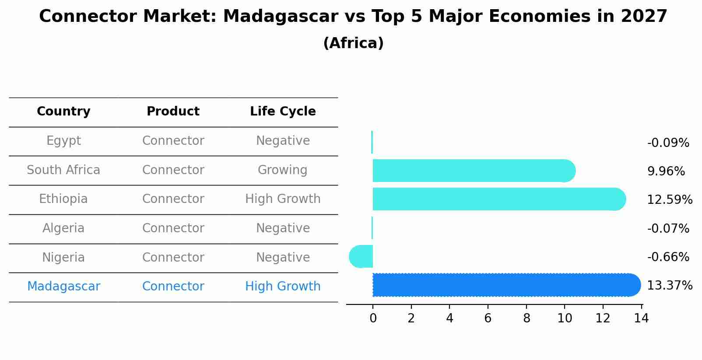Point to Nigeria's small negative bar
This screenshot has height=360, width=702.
(362, 256)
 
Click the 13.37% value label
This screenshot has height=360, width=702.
(669, 286)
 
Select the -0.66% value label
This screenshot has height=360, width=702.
(668, 257)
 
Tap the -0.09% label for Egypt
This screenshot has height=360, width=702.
(668, 143)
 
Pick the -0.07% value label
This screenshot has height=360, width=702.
(668, 228)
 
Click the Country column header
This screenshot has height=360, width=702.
(63, 112)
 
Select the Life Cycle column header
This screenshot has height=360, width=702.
(283, 112)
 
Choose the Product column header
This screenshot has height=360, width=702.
(173, 112)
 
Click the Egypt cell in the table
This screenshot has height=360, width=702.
(63, 141)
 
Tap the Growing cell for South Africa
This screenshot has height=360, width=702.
(283, 170)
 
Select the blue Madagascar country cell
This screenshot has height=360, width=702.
(63, 287)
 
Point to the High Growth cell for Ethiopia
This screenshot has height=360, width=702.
(283, 199)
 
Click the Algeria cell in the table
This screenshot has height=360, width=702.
(63, 228)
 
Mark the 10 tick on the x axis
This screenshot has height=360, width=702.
(565, 318)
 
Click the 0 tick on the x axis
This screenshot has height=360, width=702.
(373, 318)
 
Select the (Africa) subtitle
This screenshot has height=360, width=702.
(353, 43)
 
